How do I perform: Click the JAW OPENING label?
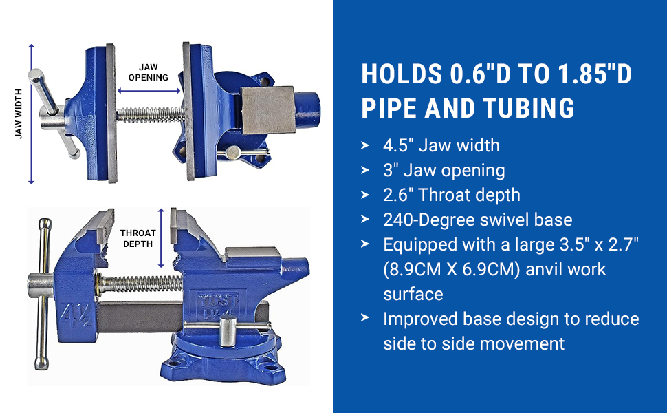149,72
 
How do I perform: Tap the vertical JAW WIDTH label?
19,114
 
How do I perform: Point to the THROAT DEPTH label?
138,238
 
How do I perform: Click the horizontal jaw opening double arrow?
149,91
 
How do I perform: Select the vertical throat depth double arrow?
161,238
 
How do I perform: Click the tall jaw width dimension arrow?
31,114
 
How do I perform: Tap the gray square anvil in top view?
268,110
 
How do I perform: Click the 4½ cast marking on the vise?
76,315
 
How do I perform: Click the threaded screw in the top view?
151,114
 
